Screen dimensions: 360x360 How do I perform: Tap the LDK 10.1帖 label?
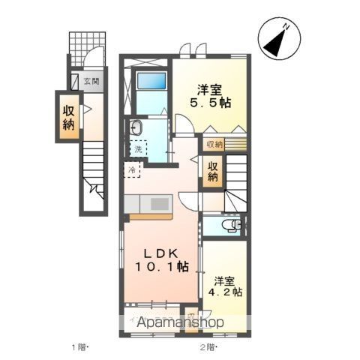(x=162, y=260)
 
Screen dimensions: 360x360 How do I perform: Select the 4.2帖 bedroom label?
(x=226, y=287)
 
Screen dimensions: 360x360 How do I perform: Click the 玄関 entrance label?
(x=91, y=82)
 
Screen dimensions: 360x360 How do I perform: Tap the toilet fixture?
(x=234, y=223)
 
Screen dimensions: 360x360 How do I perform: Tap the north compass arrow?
(x=275, y=41)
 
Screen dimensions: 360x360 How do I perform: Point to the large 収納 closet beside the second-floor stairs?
(x=213, y=172)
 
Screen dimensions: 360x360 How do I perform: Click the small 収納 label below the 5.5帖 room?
(x=214, y=143)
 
